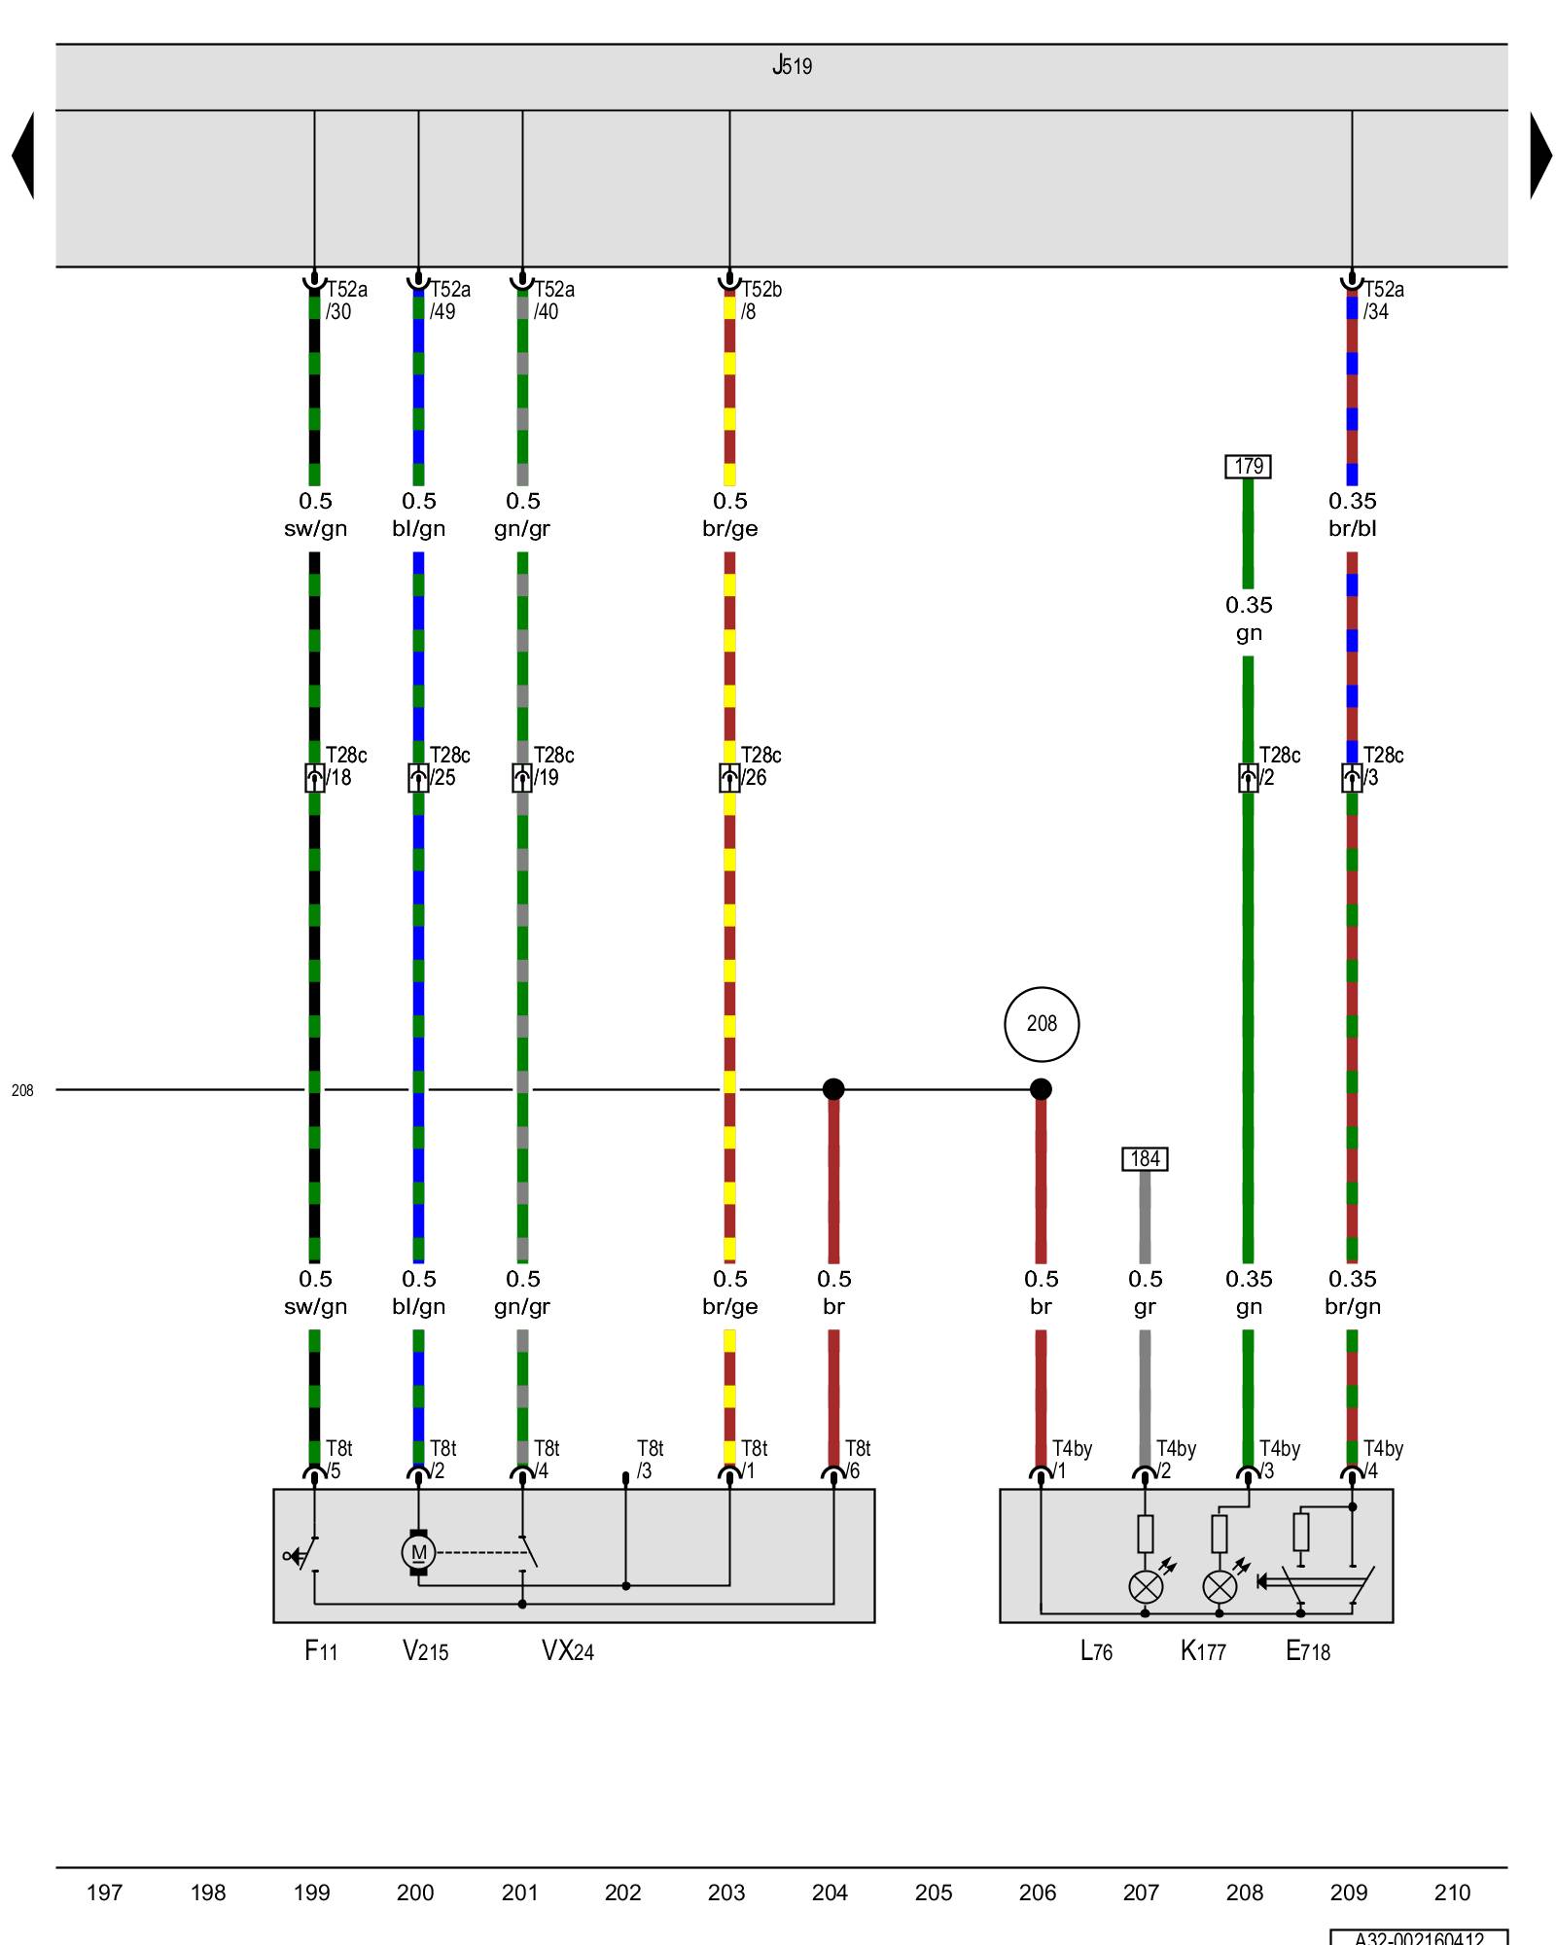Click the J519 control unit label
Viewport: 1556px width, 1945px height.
[x=792, y=66]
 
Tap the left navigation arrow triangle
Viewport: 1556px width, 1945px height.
[x=24, y=156]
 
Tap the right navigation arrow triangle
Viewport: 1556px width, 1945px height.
[x=1539, y=156]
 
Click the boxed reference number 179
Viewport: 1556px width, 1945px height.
[x=1248, y=467]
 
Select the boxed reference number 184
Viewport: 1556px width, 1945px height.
[x=1145, y=1159]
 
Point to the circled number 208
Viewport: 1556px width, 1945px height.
[x=1042, y=1024]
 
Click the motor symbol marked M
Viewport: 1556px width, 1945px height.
[x=418, y=1551]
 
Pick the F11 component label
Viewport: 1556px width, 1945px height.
[x=321, y=1650]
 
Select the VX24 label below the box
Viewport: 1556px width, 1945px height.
[x=568, y=1650]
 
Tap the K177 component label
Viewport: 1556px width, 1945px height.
[x=1203, y=1650]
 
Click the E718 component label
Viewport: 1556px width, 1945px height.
[x=1308, y=1650]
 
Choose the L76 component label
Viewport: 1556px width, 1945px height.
[x=1096, y=1650]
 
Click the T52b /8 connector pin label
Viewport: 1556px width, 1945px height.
[x=760, y=301]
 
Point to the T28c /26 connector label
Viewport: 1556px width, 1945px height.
[x=760, y=766]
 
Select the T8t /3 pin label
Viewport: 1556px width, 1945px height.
[x=650, y=1460]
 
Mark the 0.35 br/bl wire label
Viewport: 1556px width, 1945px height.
[x=1353, y=514]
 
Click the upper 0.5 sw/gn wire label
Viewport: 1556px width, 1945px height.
[x=315, y=514]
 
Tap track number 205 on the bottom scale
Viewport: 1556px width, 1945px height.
[x=934, y=1892]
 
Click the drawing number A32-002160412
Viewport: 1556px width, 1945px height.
[x=1419, y=1937]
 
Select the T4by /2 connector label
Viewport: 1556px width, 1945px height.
[x=1176, y=1460]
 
